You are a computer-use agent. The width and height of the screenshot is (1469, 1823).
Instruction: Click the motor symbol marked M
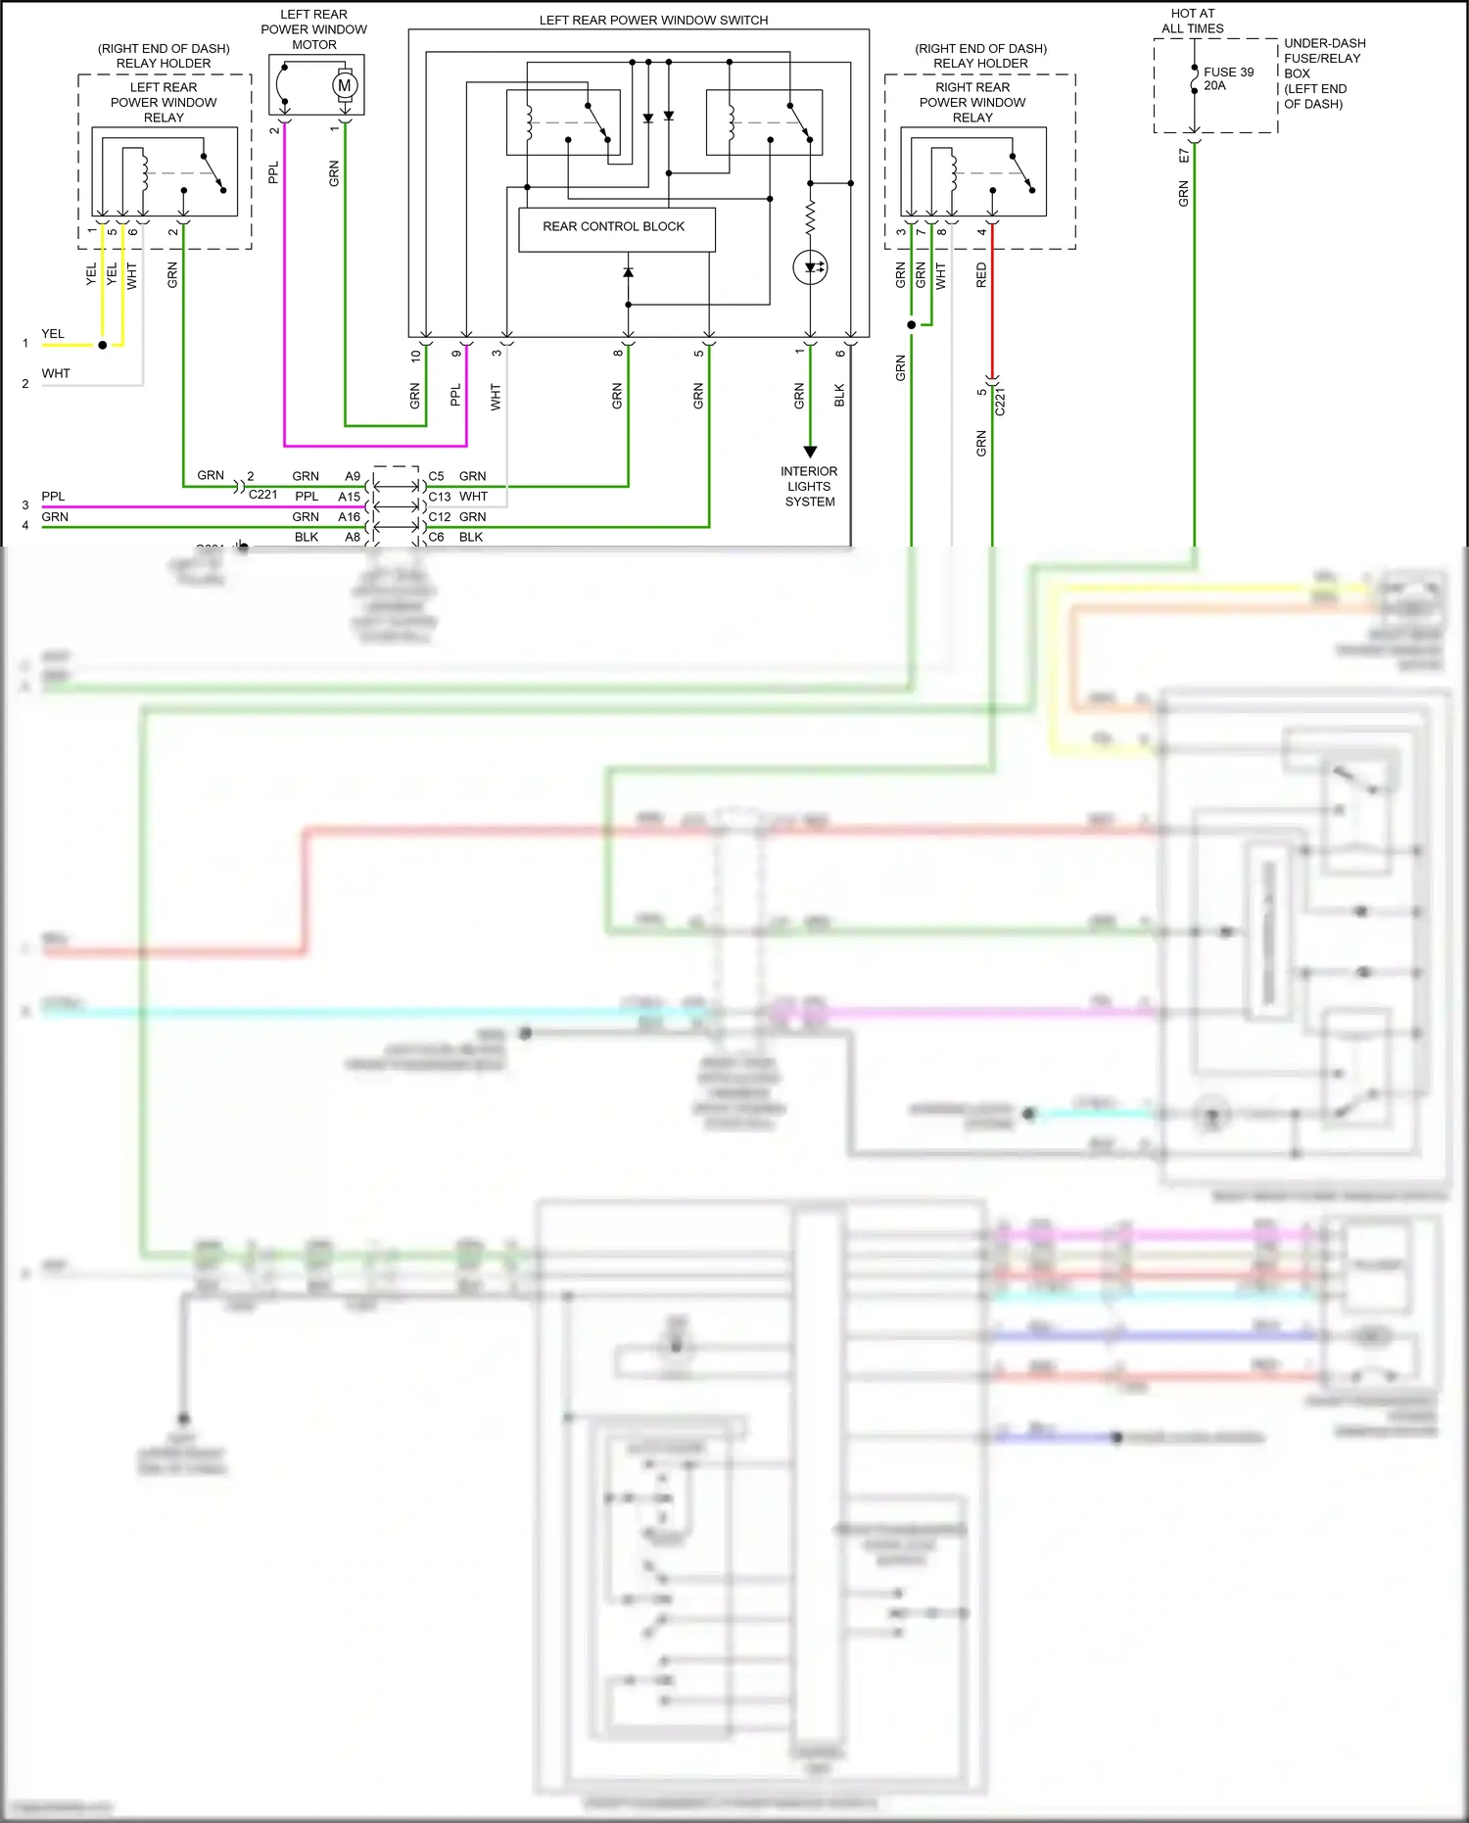point(344,85)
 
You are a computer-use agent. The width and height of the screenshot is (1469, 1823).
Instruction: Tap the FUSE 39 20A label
point(1228,78)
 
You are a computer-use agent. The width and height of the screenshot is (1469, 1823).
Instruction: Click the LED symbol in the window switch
point(810,266)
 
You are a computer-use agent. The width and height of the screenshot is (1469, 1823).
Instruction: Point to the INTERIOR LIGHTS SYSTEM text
point(809,486)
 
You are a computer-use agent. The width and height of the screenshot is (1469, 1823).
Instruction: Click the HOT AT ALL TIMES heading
point(1192,21)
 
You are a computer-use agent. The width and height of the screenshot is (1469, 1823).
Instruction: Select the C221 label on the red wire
point(1000,402)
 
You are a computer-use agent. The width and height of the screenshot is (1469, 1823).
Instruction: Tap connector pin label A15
point(349,497)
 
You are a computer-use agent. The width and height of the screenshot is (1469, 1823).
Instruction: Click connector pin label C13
point(439,497)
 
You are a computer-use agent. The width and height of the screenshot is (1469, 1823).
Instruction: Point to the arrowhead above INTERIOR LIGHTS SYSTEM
point(810,452)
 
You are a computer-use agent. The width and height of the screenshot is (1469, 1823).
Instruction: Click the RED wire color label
point(981,274)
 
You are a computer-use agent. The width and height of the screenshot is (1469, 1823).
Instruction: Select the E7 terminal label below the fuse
point(1183,156)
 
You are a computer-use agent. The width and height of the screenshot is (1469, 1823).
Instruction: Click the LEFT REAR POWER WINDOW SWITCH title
point(653,20)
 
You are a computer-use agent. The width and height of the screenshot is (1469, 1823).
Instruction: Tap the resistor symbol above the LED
point(810,217)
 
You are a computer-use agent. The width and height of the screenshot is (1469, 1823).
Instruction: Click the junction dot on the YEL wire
point(102,345)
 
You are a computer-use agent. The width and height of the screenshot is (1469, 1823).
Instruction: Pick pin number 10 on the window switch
point(415,356)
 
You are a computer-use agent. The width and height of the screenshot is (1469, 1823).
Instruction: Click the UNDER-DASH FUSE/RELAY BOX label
point(1323,73)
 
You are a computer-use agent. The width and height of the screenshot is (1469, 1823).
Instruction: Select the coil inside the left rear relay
point(144,171)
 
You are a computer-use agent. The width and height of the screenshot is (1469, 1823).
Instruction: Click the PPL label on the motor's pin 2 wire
point(273,172)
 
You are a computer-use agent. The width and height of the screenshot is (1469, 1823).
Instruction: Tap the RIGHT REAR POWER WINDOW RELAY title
point(971,102)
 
